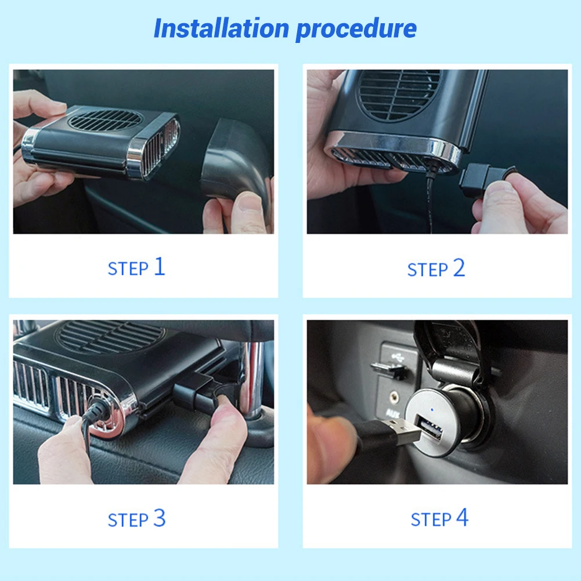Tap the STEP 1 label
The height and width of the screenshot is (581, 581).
pos(137,268)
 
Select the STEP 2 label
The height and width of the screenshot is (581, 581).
pos(436,269)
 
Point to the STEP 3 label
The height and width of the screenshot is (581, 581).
pos(137,518)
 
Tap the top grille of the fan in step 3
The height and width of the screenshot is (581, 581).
pos(110,337)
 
